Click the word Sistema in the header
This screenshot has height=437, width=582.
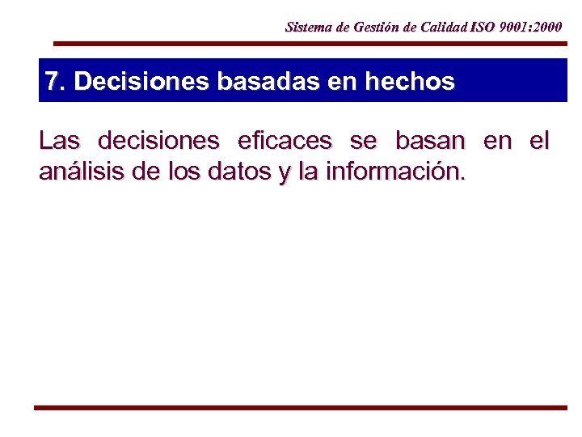point(307,27)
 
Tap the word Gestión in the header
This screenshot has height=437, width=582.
point(375,27)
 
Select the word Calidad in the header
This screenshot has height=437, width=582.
point(443,27)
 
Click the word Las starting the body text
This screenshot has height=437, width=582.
point(59,142)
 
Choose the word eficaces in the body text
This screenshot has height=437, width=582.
point(285,142)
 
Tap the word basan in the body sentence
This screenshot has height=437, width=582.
point(430,142)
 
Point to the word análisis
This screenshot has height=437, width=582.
point(78,172)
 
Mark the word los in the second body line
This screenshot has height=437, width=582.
point(178,172)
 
